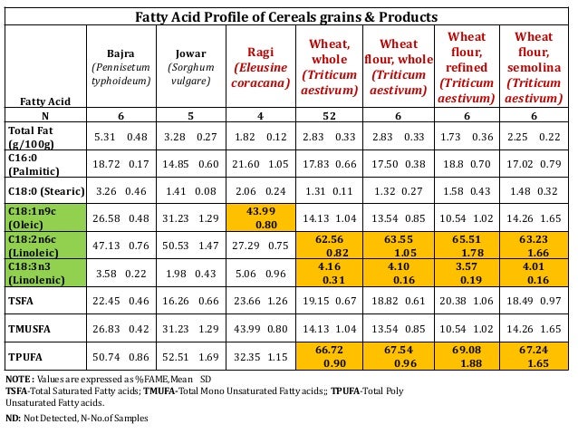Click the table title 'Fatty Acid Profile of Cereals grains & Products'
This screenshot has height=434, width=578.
point(285,17)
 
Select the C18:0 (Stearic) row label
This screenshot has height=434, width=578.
point(45,191)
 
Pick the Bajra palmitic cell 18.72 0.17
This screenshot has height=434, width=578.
point(122,163)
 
